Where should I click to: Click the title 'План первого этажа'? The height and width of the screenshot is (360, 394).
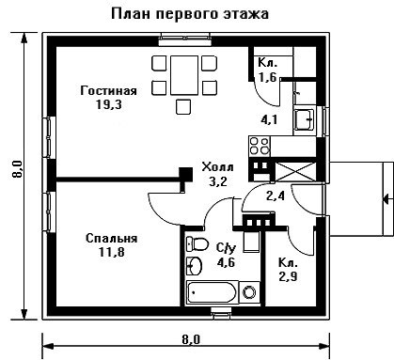coord(190,14)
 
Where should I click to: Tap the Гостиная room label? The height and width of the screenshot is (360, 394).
coord(108,91)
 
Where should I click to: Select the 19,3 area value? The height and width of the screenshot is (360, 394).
coord(109,104)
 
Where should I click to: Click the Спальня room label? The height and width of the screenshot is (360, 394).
coord(112,239)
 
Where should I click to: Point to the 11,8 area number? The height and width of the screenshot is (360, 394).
coord(112,252)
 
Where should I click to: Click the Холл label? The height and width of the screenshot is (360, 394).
coord(217,167)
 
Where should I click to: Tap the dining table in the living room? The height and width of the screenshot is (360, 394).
coord(184,75)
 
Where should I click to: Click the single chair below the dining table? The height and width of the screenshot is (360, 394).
coord(183,107)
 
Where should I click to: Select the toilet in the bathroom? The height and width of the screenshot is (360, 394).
coord(197,243)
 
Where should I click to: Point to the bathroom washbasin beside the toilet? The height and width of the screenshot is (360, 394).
coord(194,266)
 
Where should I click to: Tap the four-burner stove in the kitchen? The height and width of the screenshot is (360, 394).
coord(260,146)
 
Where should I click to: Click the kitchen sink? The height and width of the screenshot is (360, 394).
coord(304,119)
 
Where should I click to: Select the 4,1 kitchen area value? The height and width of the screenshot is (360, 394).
coord(269,119)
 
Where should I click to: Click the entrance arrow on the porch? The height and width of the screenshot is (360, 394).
coord(387,199)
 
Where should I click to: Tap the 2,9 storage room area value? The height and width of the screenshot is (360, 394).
coord(288,276)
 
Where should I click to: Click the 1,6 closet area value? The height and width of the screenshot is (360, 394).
coord(267,77)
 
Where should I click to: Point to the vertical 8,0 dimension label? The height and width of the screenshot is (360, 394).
coord(18,169)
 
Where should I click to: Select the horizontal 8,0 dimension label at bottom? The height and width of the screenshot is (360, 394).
coord(191,339)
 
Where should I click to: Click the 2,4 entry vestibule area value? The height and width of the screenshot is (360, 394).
coord(276,196)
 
